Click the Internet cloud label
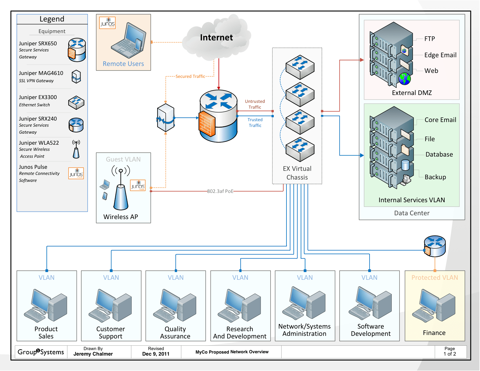pyautogui.click(x=216, y=37)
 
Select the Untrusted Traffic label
pyautogui.click(x=255, y=104)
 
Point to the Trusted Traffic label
pyautogui.click(x=255, y=122)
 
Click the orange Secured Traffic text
pyautogui.click(x=190, y=76)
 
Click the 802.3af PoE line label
pyautogui.click(x=220, y=191)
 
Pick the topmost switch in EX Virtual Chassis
pyautogui.click(x=300, y=67)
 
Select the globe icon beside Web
pyautogui.click(x=404, y=79)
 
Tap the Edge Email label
pyautogui.click(x=440, y=55)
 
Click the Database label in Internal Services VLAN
pyautogui.click(x=439, y=154)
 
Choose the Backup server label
pyautogui.click(x=435, y=177)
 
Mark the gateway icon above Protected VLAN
pyautogui.click(x=434, y=246)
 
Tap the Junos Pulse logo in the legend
pyautogui.click(x=76, y=173)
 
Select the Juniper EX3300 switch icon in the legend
pyautogui.click(x=76, y=102)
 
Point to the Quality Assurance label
pyautogui.click(x=175, y=333)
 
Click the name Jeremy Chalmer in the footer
pyautogui.click(x=93, y=354)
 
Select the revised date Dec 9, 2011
pyautogui.click(x=156, y=354)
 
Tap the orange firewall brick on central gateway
pyautogui.click(x=207, y=124)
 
